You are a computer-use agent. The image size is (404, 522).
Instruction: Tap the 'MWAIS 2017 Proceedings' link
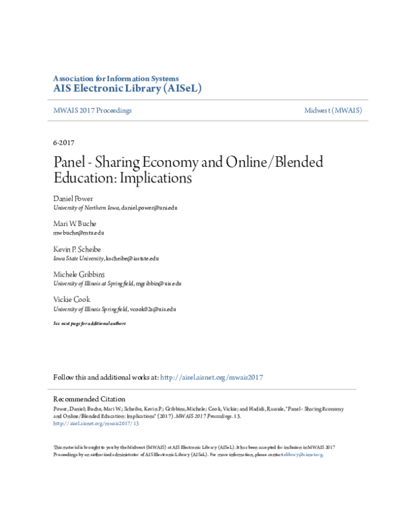(92, 110)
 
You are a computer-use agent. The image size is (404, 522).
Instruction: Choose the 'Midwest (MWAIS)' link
(332, 110)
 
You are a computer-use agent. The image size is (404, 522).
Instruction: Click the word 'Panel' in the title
(71, 162)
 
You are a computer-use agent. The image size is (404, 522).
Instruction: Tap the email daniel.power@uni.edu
(149, 209)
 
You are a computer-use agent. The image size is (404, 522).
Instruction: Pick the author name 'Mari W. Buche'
(75, 223)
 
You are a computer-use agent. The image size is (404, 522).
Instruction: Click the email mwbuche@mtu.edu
(79, 232)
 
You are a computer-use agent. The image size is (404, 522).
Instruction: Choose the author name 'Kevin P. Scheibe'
(78, 248)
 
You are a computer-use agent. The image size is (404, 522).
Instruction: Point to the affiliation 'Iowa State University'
(78, 258)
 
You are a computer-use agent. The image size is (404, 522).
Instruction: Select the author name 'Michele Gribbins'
(79, 274)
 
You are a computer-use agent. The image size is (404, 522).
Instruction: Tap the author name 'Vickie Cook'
(71, 299)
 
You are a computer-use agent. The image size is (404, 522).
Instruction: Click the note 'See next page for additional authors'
(90, 324)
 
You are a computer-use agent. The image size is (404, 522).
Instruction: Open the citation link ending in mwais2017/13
(96, 424)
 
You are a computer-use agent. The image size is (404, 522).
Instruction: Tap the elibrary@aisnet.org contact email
(303, 455)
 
